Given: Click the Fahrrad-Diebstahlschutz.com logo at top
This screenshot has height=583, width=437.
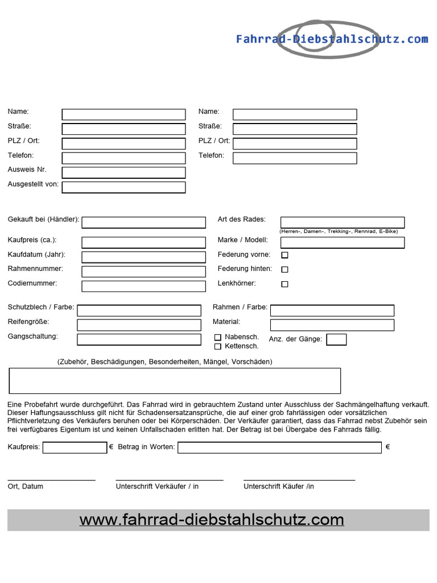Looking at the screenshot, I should click(331, 39).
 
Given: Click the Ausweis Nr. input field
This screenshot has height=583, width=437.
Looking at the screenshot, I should click(123, 173).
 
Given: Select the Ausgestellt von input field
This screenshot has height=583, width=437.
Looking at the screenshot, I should click(123, 187).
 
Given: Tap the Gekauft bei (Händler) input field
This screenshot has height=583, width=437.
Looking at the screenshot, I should click(143, 223).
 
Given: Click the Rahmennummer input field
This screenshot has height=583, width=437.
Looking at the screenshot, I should click(143, 272).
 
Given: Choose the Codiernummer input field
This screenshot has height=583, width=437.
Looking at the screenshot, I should click(143, 286).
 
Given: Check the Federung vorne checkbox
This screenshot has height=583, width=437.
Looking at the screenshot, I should click(285, 255).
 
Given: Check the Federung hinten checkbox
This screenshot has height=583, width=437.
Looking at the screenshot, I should click(285, 269).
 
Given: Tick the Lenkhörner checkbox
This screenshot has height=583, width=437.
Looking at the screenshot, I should click(285, 284).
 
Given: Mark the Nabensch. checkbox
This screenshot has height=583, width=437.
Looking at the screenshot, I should click(217, 338).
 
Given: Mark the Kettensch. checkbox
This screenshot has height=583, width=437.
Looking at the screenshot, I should click(217, 346).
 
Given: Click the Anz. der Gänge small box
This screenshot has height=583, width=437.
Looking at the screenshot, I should click(336, 340).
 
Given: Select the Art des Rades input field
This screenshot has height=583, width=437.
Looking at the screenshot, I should click(343, 222).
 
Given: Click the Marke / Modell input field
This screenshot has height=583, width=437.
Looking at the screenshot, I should click(343, 243).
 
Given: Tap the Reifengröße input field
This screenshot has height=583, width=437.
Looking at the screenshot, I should click(139, 325).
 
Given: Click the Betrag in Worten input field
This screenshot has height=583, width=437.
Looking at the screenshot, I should click(279, 447).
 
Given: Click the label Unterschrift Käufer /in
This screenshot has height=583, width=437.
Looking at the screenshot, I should click(278, 487).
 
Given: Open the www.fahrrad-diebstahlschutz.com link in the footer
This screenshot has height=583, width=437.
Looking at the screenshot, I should click(212, 520).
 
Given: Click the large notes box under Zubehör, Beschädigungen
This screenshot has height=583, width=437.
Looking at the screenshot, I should click(175, 381).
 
